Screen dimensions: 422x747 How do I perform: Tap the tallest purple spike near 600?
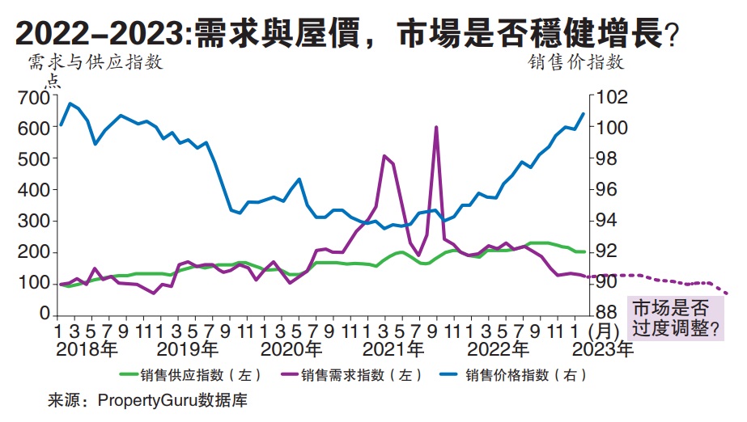point(436,127)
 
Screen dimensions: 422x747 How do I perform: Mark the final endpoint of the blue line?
point(584,114)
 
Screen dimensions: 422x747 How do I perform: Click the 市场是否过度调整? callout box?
point(674,319)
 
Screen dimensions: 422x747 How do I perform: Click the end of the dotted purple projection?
point(728,293)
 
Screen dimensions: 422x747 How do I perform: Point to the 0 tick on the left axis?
point(45,314)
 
